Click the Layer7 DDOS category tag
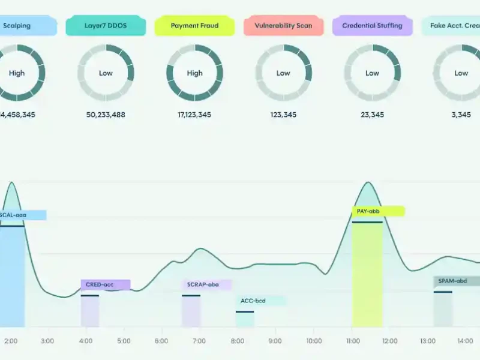tap(106, 26)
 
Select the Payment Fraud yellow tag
tap(194, 26)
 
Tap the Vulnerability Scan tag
tap(283, 26)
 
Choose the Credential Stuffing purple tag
tap(372, 26)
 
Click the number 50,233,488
tap(106, 115)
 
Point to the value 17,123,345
tap(194, 115)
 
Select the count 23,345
tap(372, 115)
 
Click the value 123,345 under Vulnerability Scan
tap(283, 115)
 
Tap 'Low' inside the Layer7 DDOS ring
tap(106, 73)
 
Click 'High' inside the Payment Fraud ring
tap(194, 73)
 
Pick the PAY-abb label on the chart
tap(377, 211)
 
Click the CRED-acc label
tap(105, 284)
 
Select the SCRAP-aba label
tap(206, 284)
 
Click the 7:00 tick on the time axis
tap(199, 341)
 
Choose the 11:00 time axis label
tap(352, 341)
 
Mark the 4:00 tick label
tap(85, 341)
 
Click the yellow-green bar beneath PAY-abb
tap(367, 276)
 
